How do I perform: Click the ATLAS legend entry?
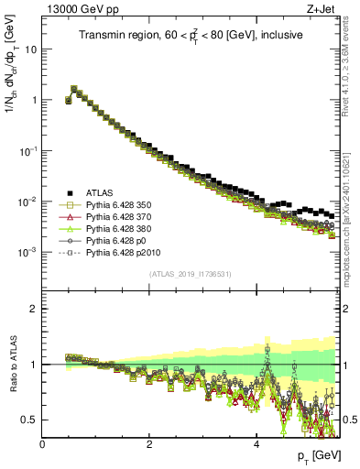click(x=99, y=192)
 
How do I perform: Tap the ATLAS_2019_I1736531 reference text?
click(x=191, y=275)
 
